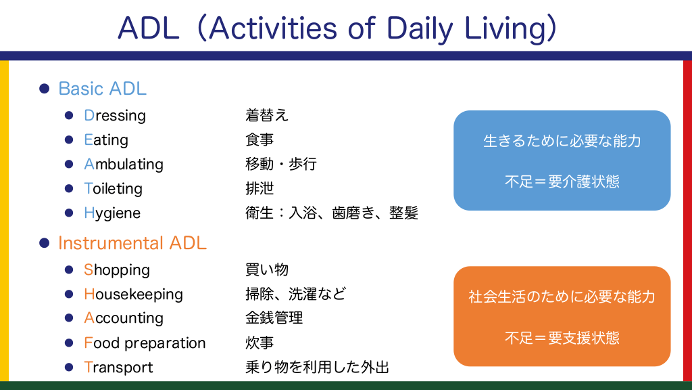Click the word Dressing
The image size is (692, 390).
115,116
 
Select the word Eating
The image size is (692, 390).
106,140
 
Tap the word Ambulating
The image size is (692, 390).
124,165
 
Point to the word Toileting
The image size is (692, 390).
113,189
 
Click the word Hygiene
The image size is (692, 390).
112,213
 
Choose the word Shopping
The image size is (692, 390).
116,270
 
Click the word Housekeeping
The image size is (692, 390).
133,295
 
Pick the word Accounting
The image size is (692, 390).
124,318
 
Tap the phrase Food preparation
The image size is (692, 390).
145,343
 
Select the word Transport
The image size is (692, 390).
118,368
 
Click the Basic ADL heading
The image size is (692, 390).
103,89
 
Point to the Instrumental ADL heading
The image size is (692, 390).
132,243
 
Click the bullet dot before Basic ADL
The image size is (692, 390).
44,89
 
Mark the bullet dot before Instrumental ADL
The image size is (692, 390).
44,243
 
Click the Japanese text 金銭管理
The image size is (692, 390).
274,318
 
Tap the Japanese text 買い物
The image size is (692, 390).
267,269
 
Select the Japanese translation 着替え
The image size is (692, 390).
267,115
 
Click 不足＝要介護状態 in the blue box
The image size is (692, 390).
562,181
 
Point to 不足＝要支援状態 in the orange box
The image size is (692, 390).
562,339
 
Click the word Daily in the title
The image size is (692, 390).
420,29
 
